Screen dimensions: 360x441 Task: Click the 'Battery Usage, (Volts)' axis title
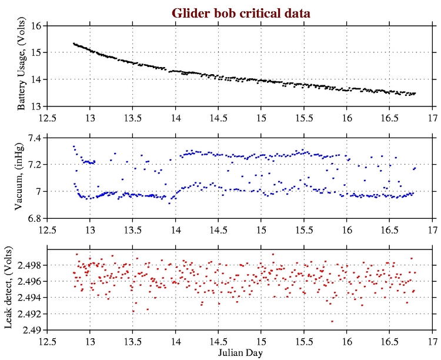[x=22, y=66]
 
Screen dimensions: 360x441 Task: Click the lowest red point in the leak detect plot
[x=332, y=321]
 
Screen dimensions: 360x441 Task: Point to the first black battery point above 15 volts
[x=73, y=44]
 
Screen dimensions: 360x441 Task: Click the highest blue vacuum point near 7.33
[x=73, y=146]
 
